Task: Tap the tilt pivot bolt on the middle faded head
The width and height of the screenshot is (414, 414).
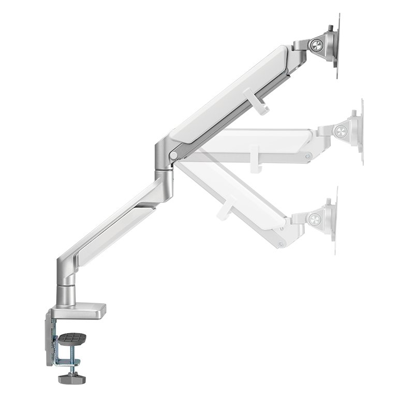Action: coord(342,130)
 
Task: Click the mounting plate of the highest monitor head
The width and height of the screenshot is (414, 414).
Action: coord(336,47)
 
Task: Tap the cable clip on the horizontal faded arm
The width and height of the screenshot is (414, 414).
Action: coord(255,159)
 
